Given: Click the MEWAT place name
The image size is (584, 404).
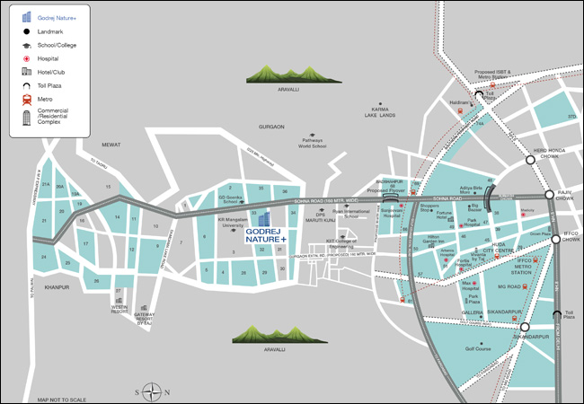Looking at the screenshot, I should (x=111, y=144).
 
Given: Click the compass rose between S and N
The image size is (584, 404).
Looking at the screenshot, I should (x=153, y=391).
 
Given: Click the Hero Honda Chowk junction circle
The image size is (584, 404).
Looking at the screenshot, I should (x=530, y=160).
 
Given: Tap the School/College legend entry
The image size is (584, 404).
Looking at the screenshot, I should (x=58, y=44).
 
